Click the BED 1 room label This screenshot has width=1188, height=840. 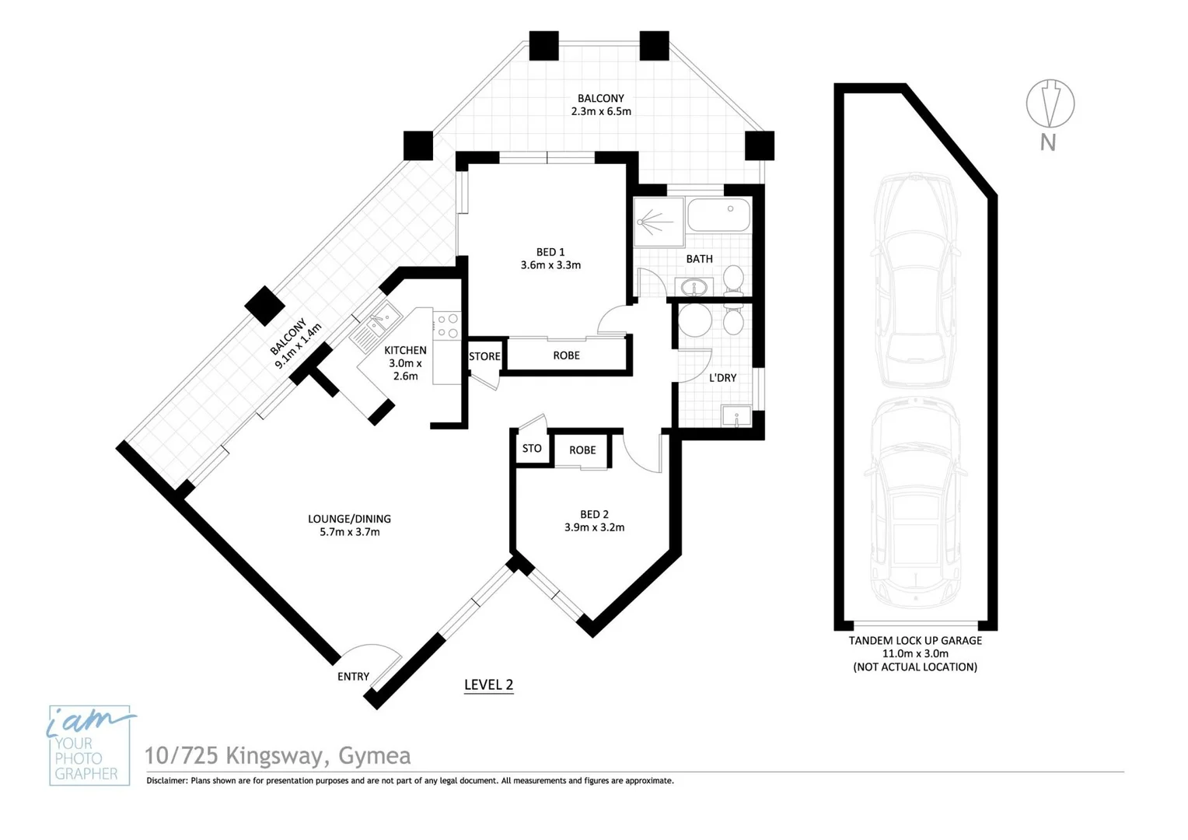point(550,252)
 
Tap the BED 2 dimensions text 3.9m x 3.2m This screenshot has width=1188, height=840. point(594,527)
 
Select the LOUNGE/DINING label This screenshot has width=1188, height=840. point(349,519)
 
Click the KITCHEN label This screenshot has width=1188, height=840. point(405,351)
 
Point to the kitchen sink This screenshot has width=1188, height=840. point(376,324)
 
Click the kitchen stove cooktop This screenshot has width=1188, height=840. point(447,326)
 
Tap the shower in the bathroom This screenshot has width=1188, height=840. point(658,222)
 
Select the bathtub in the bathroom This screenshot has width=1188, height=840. point(719,215)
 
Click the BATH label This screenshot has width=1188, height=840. point(699,259)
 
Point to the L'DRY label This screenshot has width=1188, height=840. point(722,378)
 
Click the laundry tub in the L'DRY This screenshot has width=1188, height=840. point(736,416)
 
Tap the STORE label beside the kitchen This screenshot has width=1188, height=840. point(484,356)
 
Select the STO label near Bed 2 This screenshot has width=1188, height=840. point(532,449)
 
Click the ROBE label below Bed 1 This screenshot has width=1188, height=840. point(566,355)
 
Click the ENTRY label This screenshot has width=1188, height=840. point(353,677)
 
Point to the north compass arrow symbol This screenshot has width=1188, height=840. point(1050,103)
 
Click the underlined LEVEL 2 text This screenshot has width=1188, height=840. point(488,684)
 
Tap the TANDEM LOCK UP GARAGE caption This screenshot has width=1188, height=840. point(915,641)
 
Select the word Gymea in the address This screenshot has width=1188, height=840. point(375,756)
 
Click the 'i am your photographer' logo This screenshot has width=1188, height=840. point(89,745)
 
